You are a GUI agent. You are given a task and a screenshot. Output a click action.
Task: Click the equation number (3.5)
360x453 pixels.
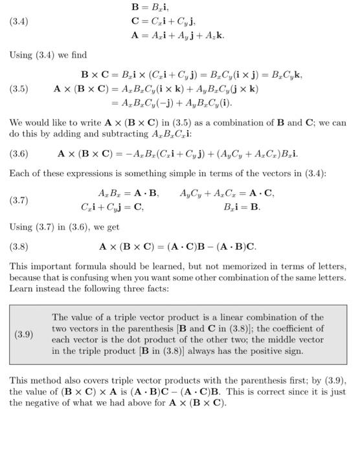(x=19, y=89)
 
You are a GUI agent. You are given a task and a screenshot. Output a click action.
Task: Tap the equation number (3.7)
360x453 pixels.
(x=19, y=201)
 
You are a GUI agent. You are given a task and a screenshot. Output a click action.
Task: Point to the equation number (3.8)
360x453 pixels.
(x=19, y=247)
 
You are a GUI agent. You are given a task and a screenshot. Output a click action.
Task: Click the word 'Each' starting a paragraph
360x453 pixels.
(x=19, y=173)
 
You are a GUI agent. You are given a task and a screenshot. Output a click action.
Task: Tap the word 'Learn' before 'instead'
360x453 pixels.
(x=22, y=289)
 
